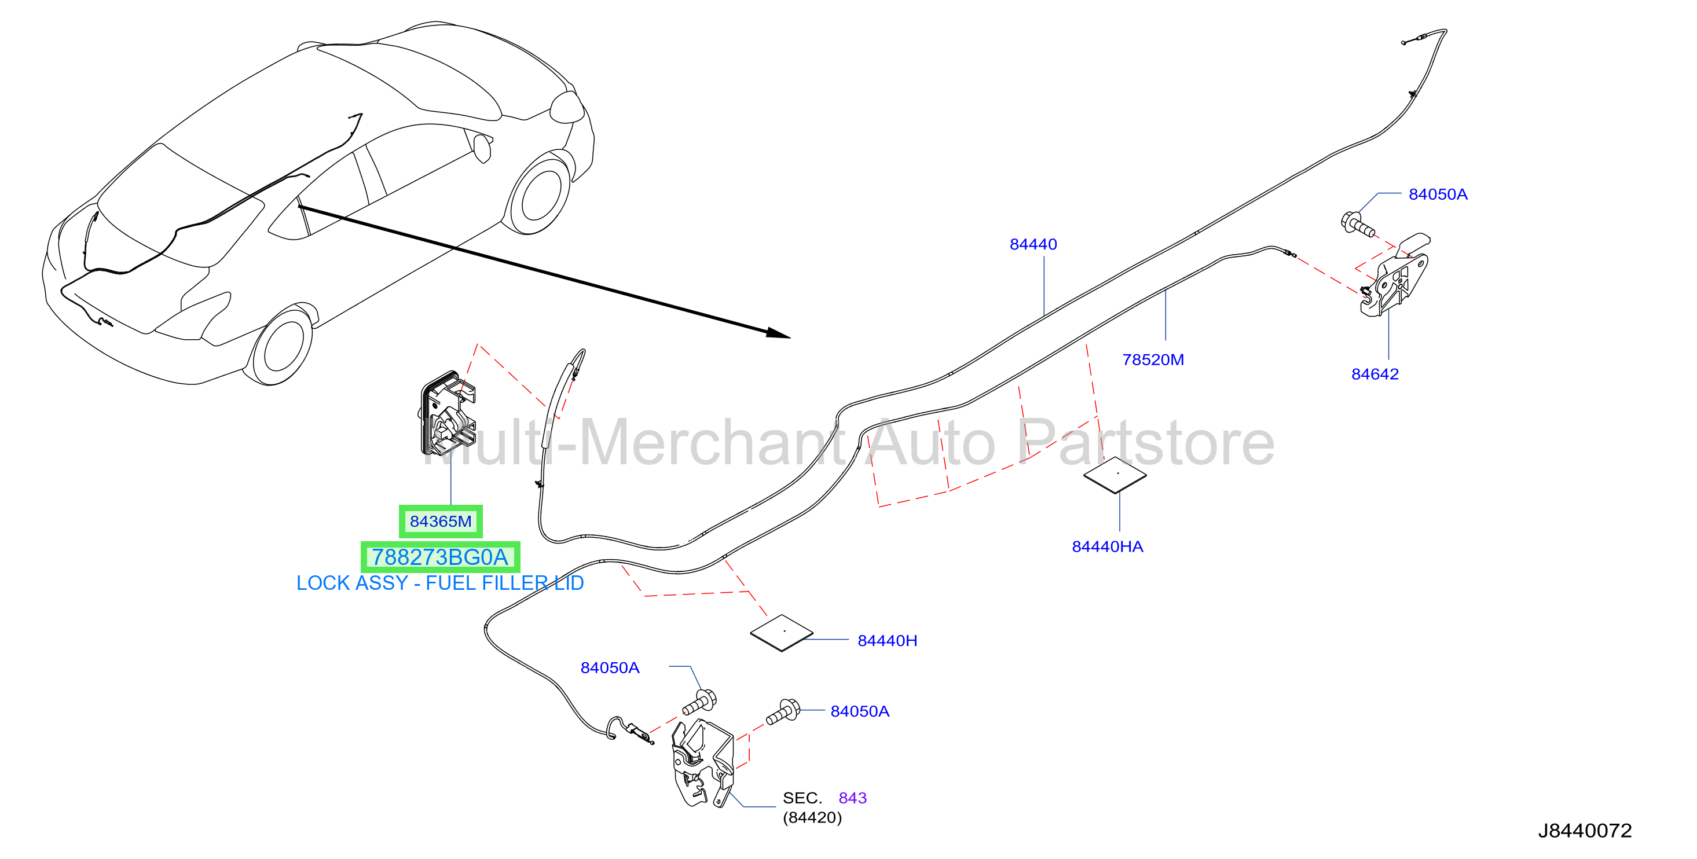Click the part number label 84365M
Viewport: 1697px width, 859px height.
[440, 521]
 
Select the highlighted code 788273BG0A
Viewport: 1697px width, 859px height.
[440, 557]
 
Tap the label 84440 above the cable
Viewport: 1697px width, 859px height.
[1033, 244]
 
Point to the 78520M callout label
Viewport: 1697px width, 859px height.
[1153, 359]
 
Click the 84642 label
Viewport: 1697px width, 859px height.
[1375, 374]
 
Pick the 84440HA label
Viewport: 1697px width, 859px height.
[1108, 547]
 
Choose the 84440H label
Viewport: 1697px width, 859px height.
[888, 640]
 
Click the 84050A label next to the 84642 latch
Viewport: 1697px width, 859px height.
[1438, 194]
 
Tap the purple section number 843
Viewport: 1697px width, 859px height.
[852, 798]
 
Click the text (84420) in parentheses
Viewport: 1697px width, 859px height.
[812, 817]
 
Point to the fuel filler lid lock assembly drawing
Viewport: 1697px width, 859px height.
[448, 414]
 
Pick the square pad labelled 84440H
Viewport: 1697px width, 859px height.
[782, 633]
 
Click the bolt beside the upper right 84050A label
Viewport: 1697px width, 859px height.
[1357, 223]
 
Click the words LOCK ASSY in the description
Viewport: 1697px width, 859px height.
[352, 583]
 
